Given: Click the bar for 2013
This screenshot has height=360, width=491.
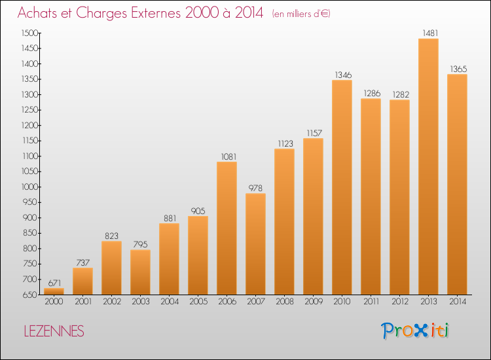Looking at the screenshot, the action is [x=428, y=166].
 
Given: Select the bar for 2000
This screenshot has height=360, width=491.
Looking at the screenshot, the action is [x=54, y=291].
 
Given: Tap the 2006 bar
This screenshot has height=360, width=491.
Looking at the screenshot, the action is [x=227, y=228].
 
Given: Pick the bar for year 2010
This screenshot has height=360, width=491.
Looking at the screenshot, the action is [x=342, y=187].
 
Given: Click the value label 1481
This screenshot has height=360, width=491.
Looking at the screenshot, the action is [x=430, y=33].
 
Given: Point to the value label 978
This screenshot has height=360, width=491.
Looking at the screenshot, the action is [x=255, y=188].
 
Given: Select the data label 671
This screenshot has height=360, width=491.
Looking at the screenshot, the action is [x=54, y=283].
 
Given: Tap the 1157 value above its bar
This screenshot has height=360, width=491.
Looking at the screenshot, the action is [x=314, y=134].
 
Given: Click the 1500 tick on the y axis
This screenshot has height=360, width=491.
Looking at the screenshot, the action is [x=29, y=33].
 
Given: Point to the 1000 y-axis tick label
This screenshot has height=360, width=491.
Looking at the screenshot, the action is [x=29, y=187].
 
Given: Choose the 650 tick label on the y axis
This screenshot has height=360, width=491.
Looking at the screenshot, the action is [x=30, y=295].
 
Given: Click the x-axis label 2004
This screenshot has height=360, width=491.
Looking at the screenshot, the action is [x=170, y=302].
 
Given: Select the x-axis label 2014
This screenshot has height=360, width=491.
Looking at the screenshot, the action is [x=458, y=302].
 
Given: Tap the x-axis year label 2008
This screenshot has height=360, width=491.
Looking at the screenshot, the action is [x=285, y=302].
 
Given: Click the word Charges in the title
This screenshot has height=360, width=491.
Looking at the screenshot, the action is [x=101, y=13].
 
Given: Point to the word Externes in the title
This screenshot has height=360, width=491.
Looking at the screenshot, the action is [x=156, y=12].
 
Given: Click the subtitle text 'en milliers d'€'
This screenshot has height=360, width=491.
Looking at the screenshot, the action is [x=301, y=14].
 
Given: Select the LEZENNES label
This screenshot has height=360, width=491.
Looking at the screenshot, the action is [x=54, y=331].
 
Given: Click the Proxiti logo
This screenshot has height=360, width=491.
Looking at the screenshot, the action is [x=415, y=331].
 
